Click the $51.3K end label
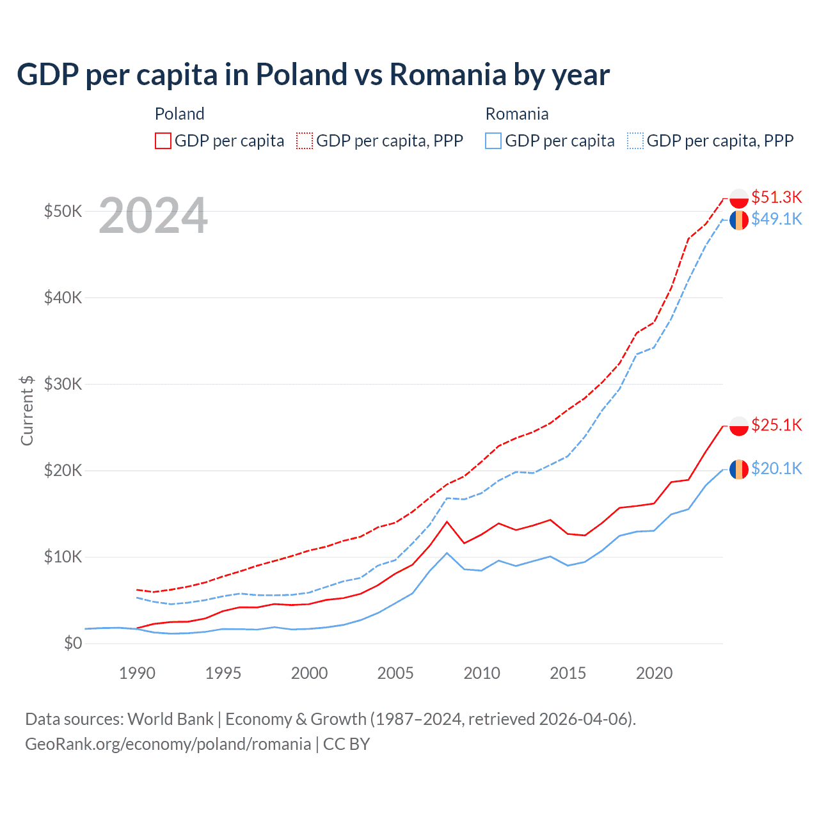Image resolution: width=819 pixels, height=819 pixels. point(776,197)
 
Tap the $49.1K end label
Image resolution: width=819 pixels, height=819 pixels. point(776,219)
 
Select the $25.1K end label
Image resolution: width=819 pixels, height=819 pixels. point(776,425)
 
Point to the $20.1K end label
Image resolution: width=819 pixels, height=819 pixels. point(776,468)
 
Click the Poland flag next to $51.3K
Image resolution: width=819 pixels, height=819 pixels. point(739,198)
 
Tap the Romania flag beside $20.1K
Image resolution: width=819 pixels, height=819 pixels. point(739,469)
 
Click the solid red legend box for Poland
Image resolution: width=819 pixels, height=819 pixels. point(163,141)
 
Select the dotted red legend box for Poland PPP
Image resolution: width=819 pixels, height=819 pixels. point(305,141)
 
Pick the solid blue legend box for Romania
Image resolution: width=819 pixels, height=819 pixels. point(493,141)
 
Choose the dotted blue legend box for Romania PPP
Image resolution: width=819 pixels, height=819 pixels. point(635,141)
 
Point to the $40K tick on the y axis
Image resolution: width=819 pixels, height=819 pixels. point(63,298)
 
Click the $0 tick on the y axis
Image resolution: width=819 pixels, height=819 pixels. point(73,643)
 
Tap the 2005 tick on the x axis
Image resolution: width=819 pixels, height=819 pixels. point(395,673)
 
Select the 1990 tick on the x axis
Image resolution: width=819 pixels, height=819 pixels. point(137,673)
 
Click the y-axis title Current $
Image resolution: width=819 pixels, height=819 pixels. point(27,410)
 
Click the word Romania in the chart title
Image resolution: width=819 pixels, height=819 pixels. point(448,75)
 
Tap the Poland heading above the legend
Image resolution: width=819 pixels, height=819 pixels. point(180,114)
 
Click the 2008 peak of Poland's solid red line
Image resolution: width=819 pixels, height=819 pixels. point(447,521)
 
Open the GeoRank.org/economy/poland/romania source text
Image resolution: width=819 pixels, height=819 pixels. point(168,744)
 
